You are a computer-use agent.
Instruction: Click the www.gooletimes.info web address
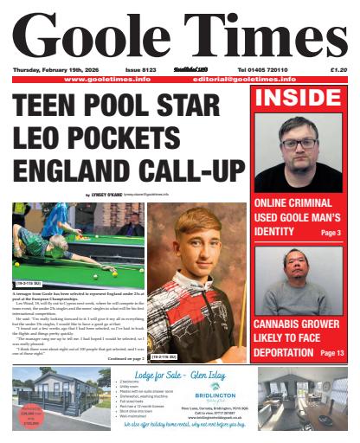click(x=107, y=79)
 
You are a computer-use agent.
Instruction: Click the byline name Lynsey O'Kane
click(x=107, y=196)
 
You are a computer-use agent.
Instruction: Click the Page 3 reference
click(x=330, y=233)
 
